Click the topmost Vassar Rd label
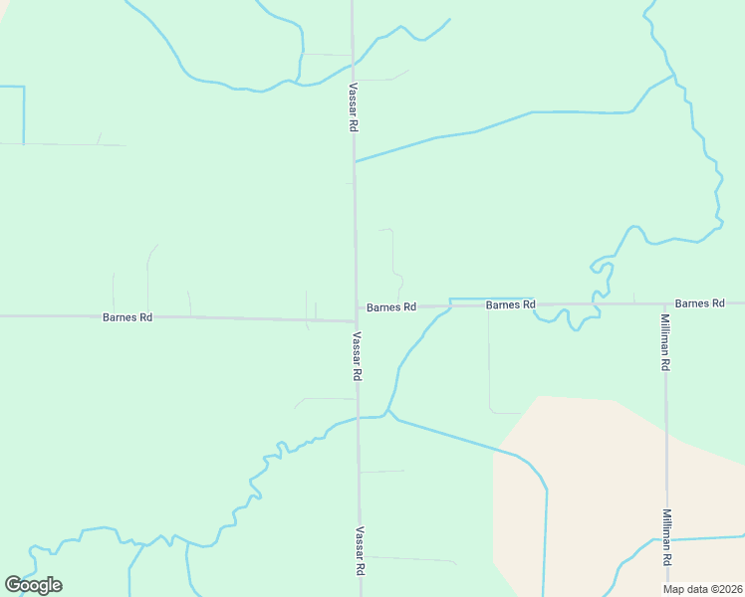(353, 107)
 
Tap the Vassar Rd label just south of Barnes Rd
(356, 357)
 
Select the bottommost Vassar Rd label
(360, 551)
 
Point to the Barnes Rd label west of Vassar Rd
(127, 317)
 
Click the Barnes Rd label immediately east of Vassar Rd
(390, 307)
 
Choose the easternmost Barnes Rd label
(699, 302)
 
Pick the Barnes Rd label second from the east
(511, 304)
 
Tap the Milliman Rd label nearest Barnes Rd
(665, 342)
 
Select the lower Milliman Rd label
(665, 538)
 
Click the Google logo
(33, 585)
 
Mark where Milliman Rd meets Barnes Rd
(664, 303)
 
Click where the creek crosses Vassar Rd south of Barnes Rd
(358, 418)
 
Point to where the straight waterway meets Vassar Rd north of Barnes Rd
(354, 161)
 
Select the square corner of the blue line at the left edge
(23, 88)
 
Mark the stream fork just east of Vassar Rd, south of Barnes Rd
(389, 411)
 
